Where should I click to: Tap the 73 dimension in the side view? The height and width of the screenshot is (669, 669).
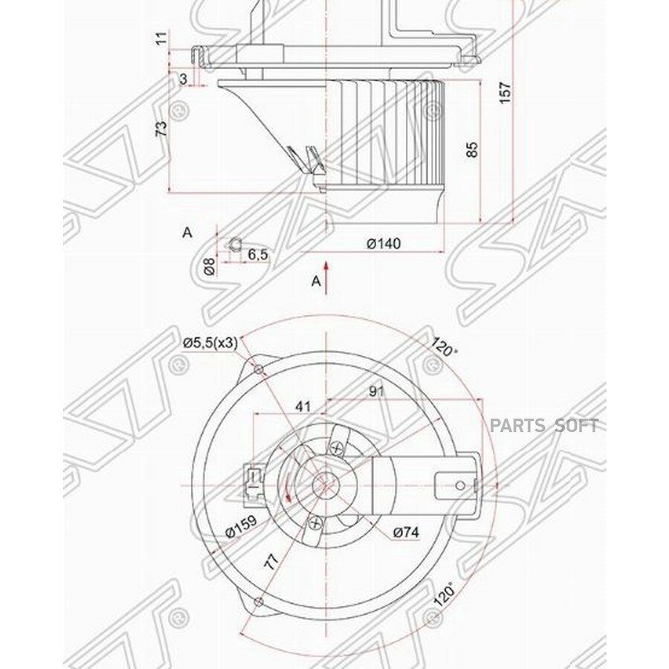click(161, 128)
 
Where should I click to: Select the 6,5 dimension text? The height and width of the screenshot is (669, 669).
click(257, 254)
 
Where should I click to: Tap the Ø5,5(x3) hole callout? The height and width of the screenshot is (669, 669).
click(210, 342)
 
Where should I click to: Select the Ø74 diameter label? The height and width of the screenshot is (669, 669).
click(407, 531)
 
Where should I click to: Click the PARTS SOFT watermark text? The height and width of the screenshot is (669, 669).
click(543, 426)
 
